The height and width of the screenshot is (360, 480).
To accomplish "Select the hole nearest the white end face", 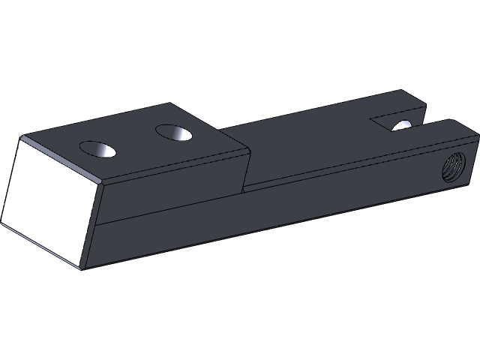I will (x=98, y=149).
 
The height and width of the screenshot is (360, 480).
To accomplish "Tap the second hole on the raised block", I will (x=174, y=133).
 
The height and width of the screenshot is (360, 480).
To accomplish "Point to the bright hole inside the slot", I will (x=403, y=124).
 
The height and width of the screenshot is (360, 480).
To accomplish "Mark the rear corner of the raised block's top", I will (x=172, y=103).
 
